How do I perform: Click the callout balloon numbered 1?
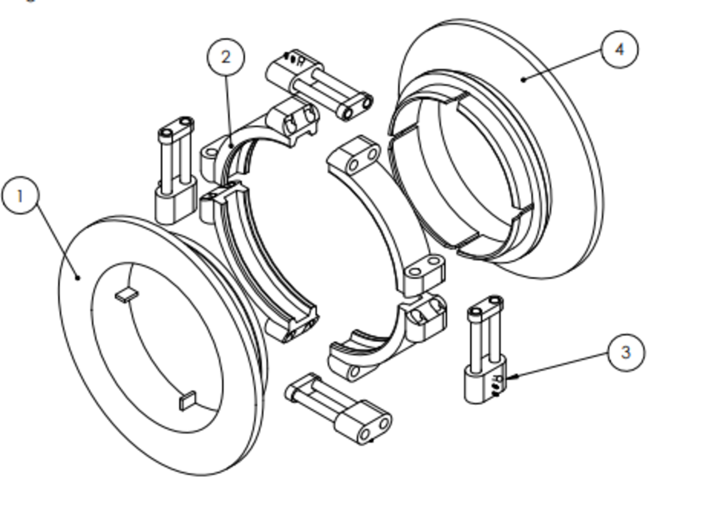click(x=20, y=195)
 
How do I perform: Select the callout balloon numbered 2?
click(x=226, y=57)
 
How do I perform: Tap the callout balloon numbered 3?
click(x=625, y=352)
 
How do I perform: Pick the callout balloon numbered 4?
click(x=619, y=49)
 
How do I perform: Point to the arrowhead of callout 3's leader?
click(x=511, y=377)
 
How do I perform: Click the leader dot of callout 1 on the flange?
click(x=78, y=277)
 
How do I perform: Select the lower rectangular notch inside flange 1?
click(x=187, y=401)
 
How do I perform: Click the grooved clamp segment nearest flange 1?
click(x=258, y=264)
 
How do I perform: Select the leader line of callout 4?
click(x=563, y=64)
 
